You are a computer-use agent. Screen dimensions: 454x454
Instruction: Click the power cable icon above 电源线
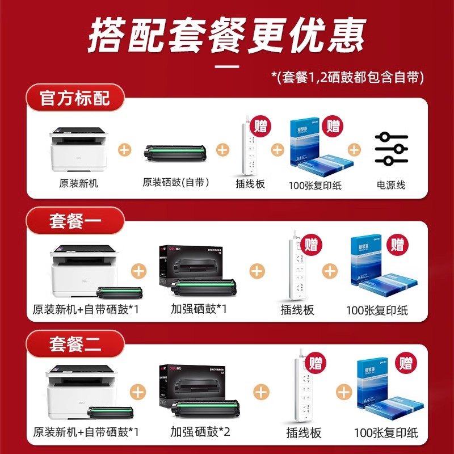(x=391, y=149)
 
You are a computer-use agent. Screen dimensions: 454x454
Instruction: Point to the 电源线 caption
(x=391, y=185)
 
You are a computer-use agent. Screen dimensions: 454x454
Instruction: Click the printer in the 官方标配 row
(x=79, y=149)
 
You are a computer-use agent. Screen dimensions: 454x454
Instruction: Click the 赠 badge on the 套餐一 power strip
(x=311, y=245)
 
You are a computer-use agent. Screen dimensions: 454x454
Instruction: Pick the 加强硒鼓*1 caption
(x=199, y=309)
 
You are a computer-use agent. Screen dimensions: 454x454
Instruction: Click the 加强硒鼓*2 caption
(x=199, y=432)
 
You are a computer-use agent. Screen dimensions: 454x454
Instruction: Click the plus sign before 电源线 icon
(x=354, y=150)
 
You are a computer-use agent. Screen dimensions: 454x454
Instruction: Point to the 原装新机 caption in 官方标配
(x=79, y=184)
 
